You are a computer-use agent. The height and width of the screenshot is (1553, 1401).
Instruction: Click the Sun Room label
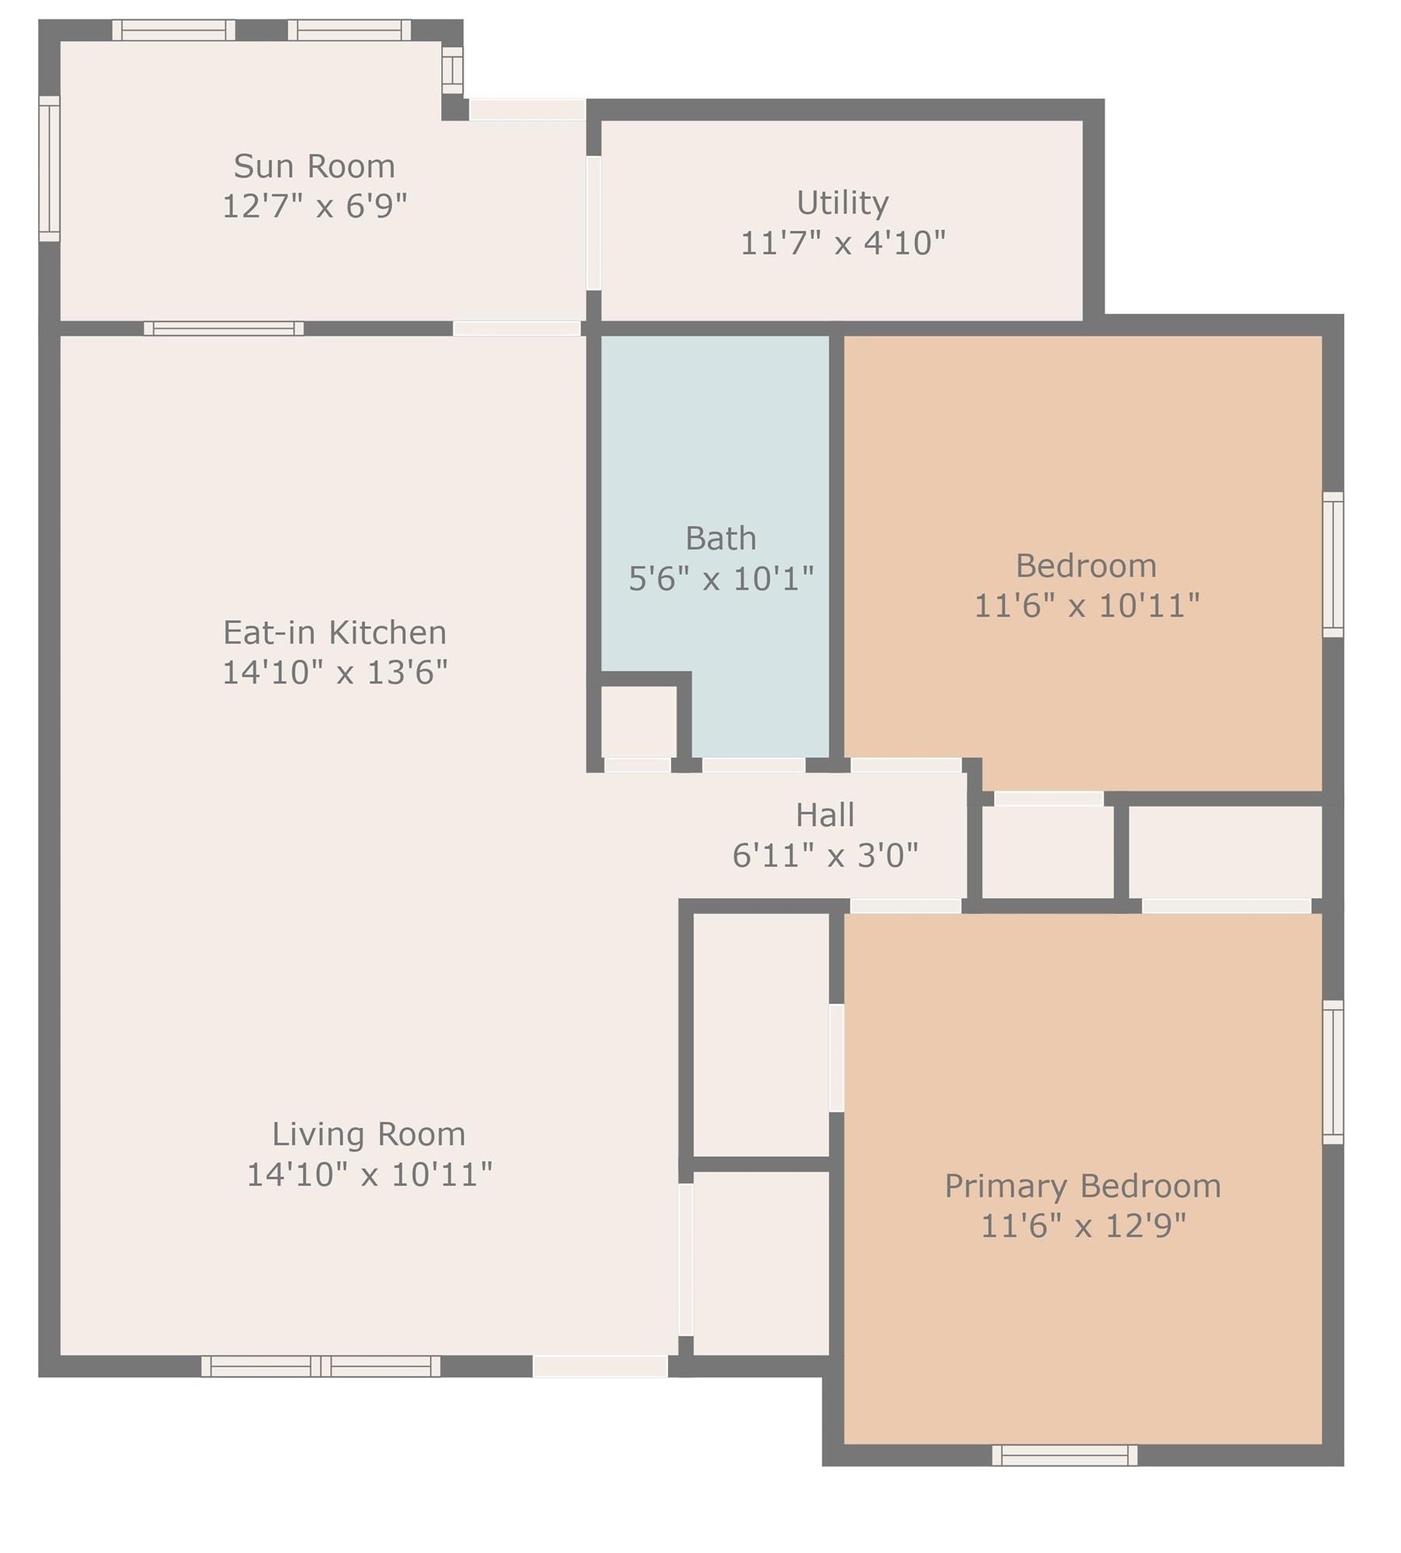click(x=315, y=166)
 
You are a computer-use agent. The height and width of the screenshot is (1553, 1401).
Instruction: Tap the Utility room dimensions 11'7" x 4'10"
click(x=843, y=243)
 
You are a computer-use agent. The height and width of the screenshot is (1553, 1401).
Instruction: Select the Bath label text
click(x=721, y=538)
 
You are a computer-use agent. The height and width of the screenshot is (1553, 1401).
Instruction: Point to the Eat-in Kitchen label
click(x=335, y=632)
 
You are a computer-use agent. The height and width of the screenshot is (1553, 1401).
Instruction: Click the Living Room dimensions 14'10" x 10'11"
click(x=369, y=1174)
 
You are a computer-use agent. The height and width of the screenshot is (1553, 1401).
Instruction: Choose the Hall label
click(x=825, y=815)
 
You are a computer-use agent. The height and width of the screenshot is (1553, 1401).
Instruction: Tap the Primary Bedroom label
click(x=1083, y=1186)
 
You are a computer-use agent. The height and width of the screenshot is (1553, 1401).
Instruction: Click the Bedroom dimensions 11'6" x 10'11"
click(x=1086, y=606)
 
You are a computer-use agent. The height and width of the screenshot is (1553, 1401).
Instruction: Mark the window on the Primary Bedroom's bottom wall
click(x=1065, y=1455)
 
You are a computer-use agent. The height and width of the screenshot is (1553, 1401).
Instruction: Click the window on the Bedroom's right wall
click(x=1333, y=565)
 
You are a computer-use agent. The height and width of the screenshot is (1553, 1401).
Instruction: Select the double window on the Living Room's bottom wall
click(x=321, y=1367)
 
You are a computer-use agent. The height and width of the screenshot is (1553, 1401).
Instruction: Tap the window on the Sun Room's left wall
click(x=49, y=169)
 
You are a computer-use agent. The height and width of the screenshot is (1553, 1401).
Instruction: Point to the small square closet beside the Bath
click(x=638, y=721)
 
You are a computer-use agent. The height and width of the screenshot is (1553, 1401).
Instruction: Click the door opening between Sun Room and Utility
click(x=593, y=224)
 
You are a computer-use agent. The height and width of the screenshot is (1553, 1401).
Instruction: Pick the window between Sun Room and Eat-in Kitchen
click(x=224, y=328)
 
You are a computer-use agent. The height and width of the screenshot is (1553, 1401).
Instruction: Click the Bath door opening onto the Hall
click(x=753, y=765)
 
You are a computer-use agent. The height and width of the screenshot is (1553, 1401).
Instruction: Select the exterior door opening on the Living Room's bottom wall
click(x=600, y=1367)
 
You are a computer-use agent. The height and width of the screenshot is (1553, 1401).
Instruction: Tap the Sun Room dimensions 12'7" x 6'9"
click(x=315, y=207)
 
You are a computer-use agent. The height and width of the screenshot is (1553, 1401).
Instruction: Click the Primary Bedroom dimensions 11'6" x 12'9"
click(x=1083, y=1226)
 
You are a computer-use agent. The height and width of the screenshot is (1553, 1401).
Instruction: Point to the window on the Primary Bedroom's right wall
click(x=1333, y=1072)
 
